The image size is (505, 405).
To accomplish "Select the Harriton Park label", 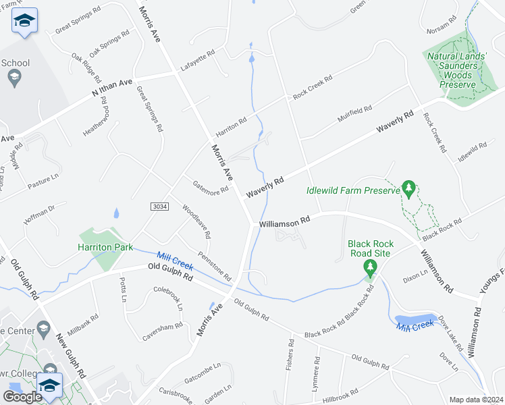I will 103,248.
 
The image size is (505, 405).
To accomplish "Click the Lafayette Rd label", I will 197,61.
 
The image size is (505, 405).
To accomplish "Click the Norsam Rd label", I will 442,27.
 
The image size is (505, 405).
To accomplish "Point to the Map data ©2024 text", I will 475,400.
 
